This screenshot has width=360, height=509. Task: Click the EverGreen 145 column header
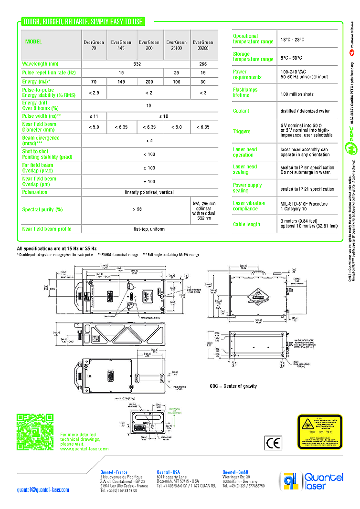coord(121,45)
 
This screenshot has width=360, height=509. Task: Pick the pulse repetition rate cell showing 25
coord(177,73)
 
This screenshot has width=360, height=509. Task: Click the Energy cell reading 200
coord(149,82)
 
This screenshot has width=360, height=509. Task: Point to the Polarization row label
coord(35,192)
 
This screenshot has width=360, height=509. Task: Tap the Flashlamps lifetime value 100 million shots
coord(297,94)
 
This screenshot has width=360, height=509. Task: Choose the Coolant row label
coord(241,111)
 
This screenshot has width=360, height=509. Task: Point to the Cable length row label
coord(246,224)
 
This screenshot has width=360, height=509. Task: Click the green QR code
coord(35,432)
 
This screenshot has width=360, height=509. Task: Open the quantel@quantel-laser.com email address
coord(43,489)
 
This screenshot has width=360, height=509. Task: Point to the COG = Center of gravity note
coord(233,386)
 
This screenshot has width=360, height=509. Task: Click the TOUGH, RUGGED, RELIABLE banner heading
coord(83,22)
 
